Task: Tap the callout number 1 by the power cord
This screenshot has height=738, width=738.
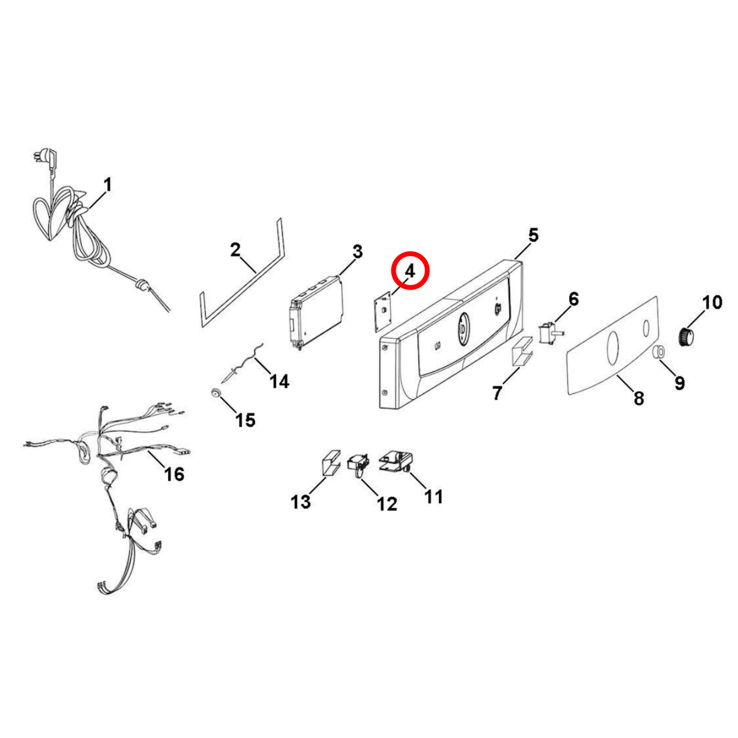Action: point(107,184)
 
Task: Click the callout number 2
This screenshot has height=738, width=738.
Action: point(235,250)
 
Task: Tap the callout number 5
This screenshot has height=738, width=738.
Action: point(534,235)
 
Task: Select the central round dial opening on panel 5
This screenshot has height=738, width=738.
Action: point(463,328)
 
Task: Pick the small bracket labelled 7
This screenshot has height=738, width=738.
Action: point(522,351)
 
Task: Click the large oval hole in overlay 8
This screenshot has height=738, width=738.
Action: point(613,348)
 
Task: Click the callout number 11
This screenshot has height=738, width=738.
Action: point(434,497)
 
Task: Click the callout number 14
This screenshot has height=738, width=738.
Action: point(280,381)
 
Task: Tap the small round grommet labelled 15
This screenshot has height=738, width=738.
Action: point(215,393)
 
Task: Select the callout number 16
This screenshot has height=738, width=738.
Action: point(174,474)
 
